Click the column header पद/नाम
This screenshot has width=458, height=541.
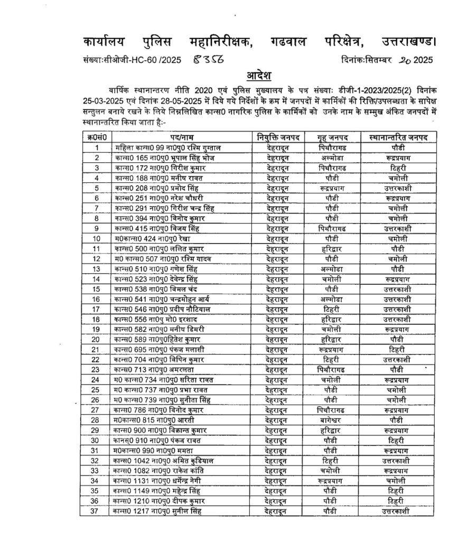(182, 138)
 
